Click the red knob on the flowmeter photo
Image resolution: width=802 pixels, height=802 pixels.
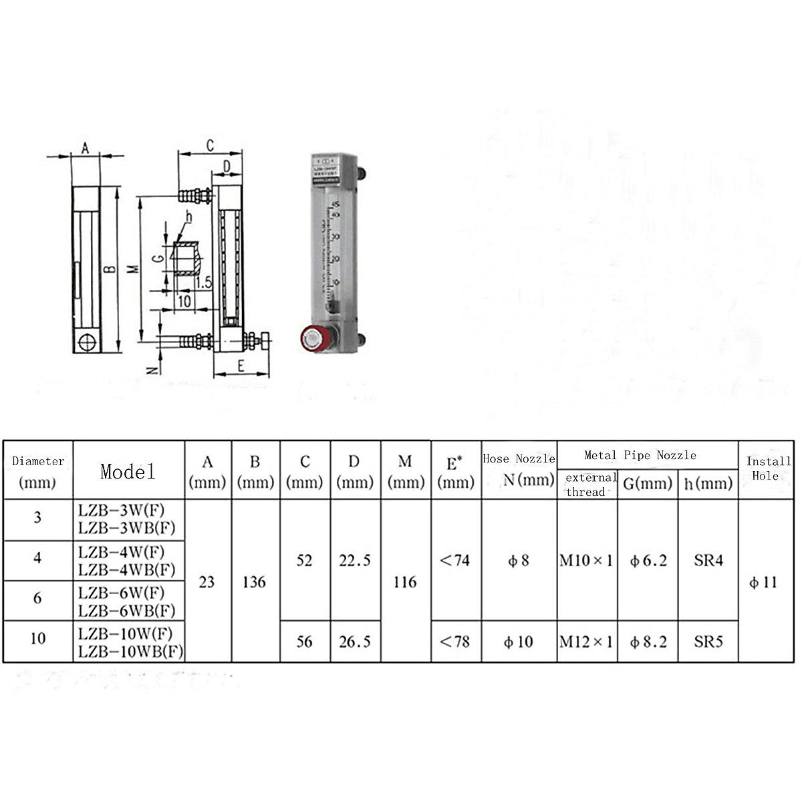pyautogui.click(x=311, y=339)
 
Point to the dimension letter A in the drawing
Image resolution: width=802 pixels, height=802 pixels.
pyautogui.click(x=86, y=148)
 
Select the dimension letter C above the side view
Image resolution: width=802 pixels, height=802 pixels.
pyautogui.click(x=210, y=145)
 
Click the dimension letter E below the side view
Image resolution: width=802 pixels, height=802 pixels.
pyautogui.click(x=241, y=365)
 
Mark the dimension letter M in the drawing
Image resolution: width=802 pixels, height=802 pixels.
pyautogui.click(x=133, y=269)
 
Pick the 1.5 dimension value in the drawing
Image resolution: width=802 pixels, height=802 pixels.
pyautogui.click(x=204, y=283)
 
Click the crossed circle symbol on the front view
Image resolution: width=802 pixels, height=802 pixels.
pyautogui.click(x=86, y=342)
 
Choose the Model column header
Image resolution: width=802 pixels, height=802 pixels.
pyautogui.click(x=128, y=471)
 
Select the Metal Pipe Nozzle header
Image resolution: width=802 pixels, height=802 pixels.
pyautogui.click(x=640, y=455)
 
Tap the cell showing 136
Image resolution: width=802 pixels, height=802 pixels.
pyautogui.click(x=255, y=582)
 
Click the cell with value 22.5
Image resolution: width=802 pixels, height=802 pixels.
pyautogui.click(x=355, y=561)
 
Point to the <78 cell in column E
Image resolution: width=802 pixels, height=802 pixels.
pyautogui.click(x=455, y=642)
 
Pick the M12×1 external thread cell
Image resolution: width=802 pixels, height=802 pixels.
pyautogui.click(x=586, y=642)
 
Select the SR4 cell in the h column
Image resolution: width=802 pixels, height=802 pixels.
pyautogui.click(x=708, y=561)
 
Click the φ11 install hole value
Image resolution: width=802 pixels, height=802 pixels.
pyautogui.click(x=763, y=582)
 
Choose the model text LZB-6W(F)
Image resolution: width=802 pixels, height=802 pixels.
pyautogui.click(x=121, y=592)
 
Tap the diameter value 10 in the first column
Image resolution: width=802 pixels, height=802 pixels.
pyautogui.click(x=37, y=638)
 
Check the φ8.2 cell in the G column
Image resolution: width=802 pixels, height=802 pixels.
pyautogui.click(x=648, y=642)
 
